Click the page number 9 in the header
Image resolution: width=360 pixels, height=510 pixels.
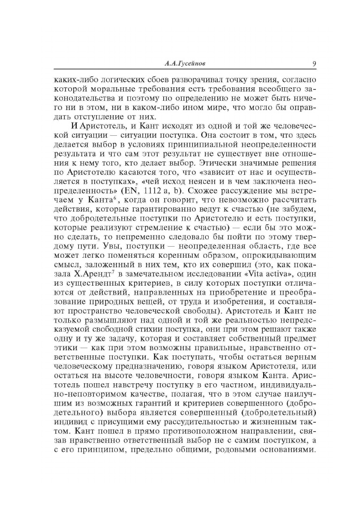point(314,64)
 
